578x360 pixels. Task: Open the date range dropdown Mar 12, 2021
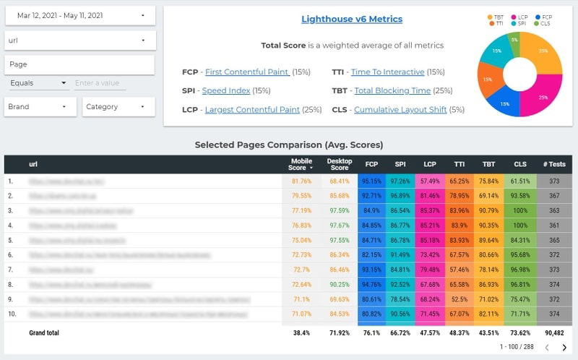pyautogui.click(x=79, y=15)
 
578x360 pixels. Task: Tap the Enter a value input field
pyautogui.click(x=100, y=83)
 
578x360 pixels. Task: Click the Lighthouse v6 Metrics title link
pyautogui.click(x=352, y=20)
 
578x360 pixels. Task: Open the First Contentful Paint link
pyautogui.click(x=247, y=72)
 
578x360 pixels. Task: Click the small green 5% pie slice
pyautogui.click(x=514, y=39)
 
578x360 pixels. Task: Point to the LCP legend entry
pyautogui.click(x=522, y=16)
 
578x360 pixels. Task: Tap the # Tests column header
pyautogui.click(x=554, y=164)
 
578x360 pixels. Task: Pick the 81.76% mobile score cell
pyautogui.click(x=301, y=181)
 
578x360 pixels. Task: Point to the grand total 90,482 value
pyautogui.click(x=554, y=333)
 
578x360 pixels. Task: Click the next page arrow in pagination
pyautogui.click(x=564, y=348)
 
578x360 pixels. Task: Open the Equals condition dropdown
pyautogui.click(x=38, y=83)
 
